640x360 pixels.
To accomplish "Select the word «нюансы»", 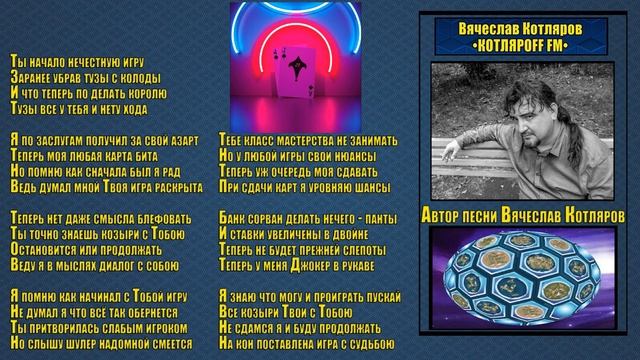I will click(x=351, y=156).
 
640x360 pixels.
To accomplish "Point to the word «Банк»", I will click(x=232, y=214).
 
